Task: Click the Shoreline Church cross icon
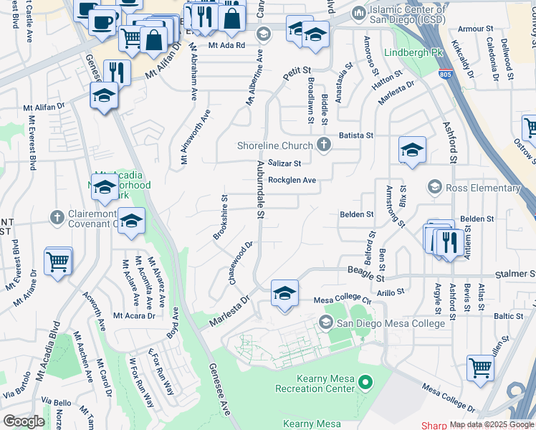[324, 145]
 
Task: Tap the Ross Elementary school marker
[434, 188]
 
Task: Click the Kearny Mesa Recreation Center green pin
[365, 382]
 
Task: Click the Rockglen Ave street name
[292, 181]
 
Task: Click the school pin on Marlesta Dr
[284, 294]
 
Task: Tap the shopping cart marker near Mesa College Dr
[480, 368]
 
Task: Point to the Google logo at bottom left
[24, 421]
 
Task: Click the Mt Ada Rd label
[227, 44]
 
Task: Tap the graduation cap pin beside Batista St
[412, 150]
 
